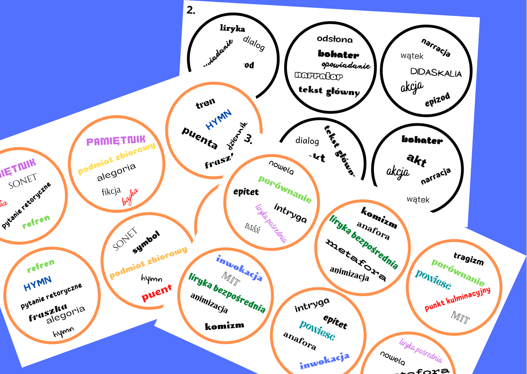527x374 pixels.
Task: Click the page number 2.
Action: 191,10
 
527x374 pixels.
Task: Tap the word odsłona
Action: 335,39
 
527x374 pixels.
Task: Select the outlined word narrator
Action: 319,76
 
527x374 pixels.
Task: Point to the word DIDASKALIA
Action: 436,72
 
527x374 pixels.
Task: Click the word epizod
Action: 437,100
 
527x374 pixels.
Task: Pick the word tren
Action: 205,103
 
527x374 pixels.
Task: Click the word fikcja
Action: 111,191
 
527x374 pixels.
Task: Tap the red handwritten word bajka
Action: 130,196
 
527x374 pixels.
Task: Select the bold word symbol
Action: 146,242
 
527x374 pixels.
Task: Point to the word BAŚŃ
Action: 252,228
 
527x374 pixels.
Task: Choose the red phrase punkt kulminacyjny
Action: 457,299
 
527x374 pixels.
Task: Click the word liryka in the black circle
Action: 232,28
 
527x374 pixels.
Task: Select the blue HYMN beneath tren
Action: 219,119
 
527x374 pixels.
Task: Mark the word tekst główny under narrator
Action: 329,91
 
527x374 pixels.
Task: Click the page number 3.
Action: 248,139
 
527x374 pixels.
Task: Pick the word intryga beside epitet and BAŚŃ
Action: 290,213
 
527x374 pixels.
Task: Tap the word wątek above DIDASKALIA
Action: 412,56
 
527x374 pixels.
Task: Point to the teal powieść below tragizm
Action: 434,279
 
